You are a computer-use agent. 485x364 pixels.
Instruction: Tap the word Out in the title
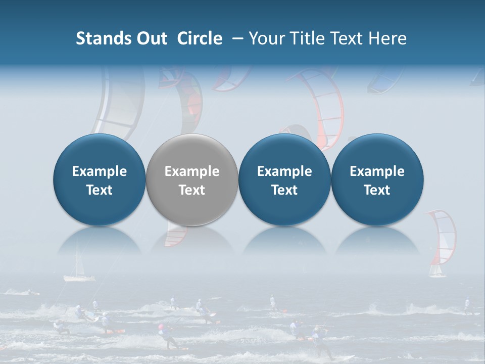pyautogui.click(x=150, y=38)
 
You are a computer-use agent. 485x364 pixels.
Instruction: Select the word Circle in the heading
pyautogui.click(x=200, y=38)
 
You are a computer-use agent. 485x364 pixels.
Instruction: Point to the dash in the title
pyautogui.click(x=237, y=38)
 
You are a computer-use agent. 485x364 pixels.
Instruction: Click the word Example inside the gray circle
pyautogui.click(x=191, y=171)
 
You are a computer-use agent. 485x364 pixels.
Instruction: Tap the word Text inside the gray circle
pyautogui.click(x=191, y=190)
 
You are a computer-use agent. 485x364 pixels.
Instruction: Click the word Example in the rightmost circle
pyautogui.click(x=377, y=171)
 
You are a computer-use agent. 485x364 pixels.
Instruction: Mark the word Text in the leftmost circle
pyautogui.click(x=99, y=190)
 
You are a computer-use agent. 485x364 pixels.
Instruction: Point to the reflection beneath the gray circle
pyautogui.click(x=191, y=240)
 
